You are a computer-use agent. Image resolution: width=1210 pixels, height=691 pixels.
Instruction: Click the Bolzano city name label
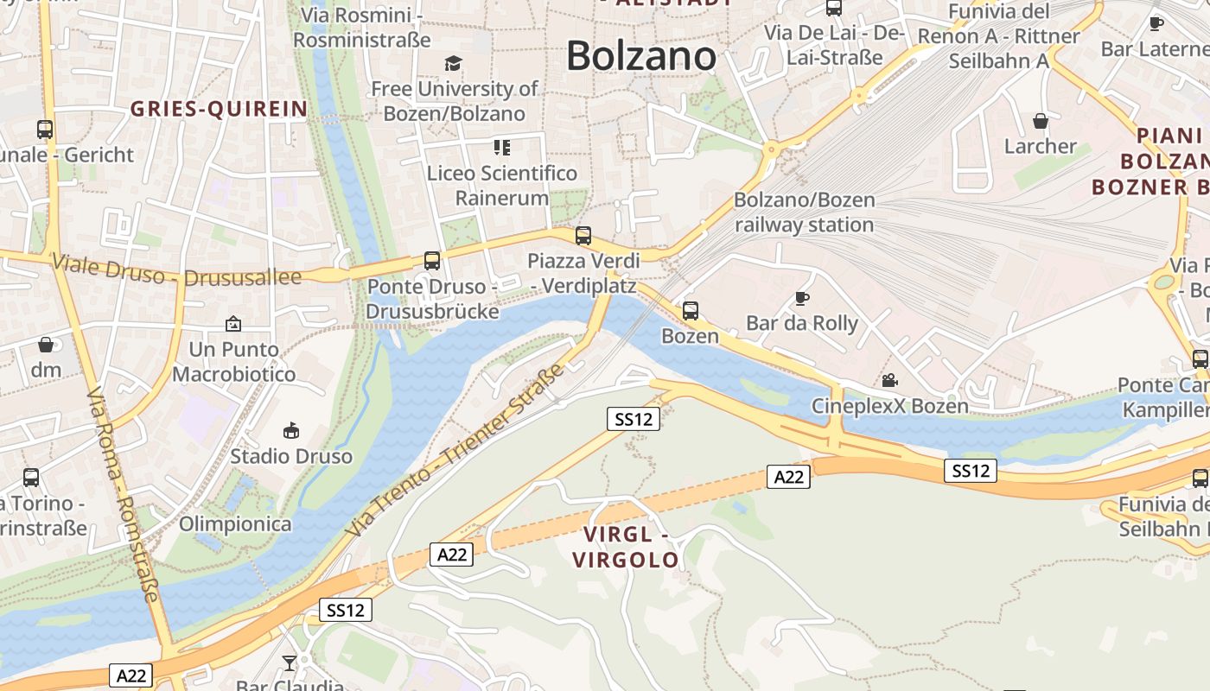[641, 56]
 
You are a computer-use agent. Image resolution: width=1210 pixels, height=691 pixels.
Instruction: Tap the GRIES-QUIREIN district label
[219, 109]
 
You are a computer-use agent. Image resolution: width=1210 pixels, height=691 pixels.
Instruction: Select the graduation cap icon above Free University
[453, 63]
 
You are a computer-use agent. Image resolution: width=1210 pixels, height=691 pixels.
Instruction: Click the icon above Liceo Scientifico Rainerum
[502, 148]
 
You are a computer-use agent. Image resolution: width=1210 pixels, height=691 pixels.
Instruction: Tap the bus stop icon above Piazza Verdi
[583, 235]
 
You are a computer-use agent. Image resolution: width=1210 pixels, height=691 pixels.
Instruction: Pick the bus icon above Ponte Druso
[432, 260]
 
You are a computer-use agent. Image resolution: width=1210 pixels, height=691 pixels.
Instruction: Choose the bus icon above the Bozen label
[690, 310]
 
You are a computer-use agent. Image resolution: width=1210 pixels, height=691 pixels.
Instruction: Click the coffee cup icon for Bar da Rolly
[802, 299]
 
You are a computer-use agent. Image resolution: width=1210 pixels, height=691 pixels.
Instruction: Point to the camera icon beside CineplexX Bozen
[889, 380]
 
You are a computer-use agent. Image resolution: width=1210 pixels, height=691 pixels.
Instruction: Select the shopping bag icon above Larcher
[1040, 121]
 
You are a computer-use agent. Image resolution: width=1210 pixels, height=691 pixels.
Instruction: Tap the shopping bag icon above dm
[46, 345]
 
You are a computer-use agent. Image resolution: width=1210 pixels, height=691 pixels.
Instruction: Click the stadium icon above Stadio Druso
[291, 430]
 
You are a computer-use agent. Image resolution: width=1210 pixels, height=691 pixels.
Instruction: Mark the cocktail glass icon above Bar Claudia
[290, 662]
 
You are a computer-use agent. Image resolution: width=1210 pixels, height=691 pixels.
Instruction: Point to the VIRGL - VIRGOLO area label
[627, 548]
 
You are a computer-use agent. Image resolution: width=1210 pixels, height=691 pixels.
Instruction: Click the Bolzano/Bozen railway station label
[804, 212]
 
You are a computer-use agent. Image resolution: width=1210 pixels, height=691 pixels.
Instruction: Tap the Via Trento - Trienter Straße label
[454, 451]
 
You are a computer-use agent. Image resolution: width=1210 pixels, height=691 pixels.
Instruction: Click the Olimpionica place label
[235, 523]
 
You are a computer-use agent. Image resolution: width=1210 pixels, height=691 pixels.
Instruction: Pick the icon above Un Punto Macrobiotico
[232, 324]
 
